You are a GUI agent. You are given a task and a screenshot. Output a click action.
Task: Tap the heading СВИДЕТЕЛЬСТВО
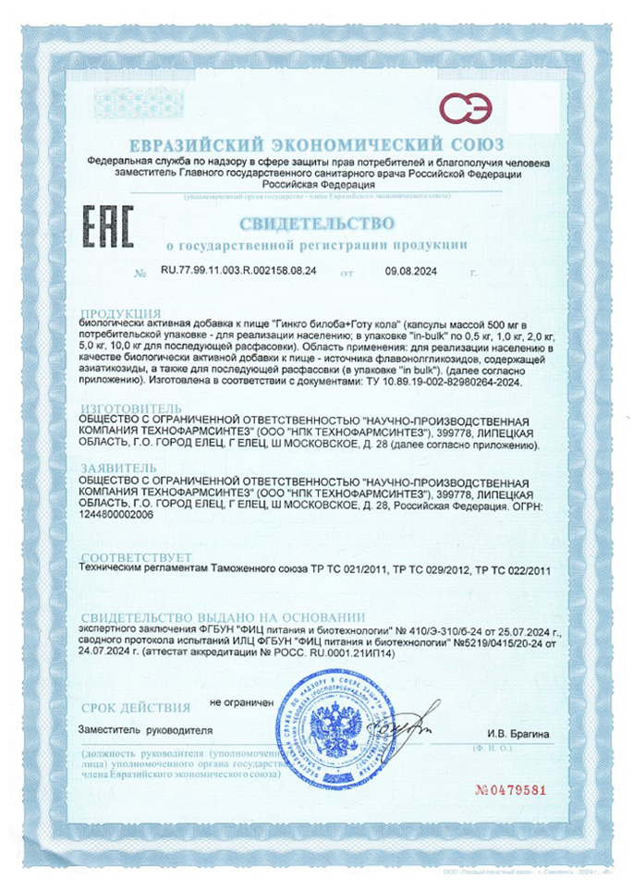(x=318, y=224)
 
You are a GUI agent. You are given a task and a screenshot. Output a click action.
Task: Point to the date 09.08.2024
(x=408, y=273)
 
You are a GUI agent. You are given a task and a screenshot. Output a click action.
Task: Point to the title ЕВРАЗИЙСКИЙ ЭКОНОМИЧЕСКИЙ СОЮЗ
(x=317, y=145)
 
